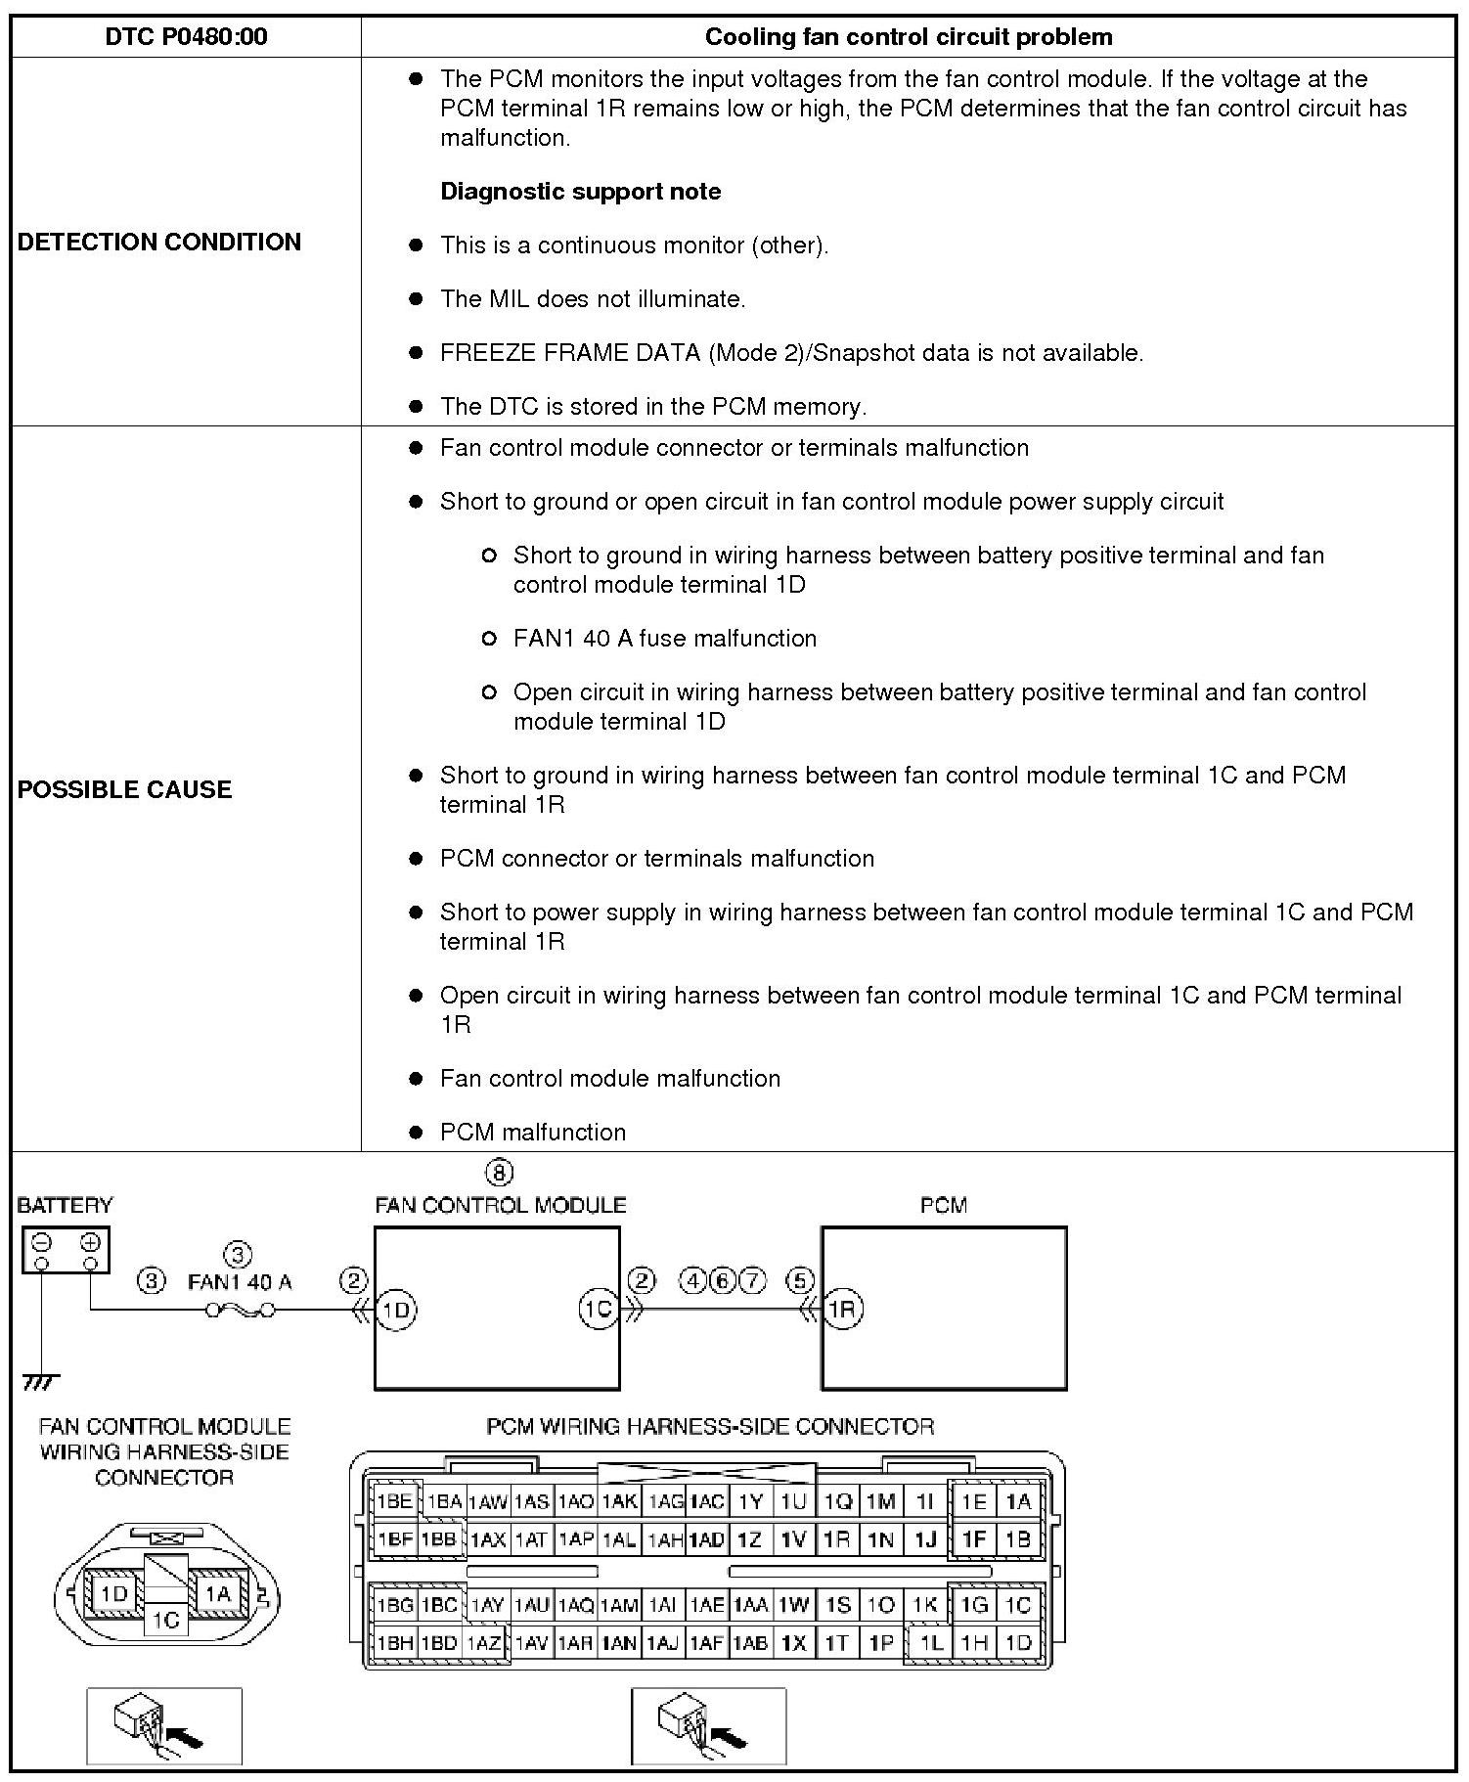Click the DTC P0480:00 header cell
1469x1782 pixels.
186,37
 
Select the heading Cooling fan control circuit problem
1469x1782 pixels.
908,37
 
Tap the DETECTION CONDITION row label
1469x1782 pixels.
159,242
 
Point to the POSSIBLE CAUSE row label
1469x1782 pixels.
124,789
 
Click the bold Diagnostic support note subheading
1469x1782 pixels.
580,191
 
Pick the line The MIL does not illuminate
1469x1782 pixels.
592,298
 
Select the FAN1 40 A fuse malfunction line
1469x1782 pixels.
664,638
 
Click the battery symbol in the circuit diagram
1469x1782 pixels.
66,1250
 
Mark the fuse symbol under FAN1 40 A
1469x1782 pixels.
241,1310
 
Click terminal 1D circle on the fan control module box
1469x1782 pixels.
396,1310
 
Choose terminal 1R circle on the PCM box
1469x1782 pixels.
843,1310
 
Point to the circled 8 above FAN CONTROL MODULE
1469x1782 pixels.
499,1172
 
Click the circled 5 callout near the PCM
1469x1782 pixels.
800,1280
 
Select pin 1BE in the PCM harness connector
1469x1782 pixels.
395,1501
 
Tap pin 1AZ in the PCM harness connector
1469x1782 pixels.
485,1642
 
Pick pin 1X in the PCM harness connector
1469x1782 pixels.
793,1642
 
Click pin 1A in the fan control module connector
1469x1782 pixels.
217,1593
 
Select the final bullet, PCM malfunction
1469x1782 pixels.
532,1132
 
